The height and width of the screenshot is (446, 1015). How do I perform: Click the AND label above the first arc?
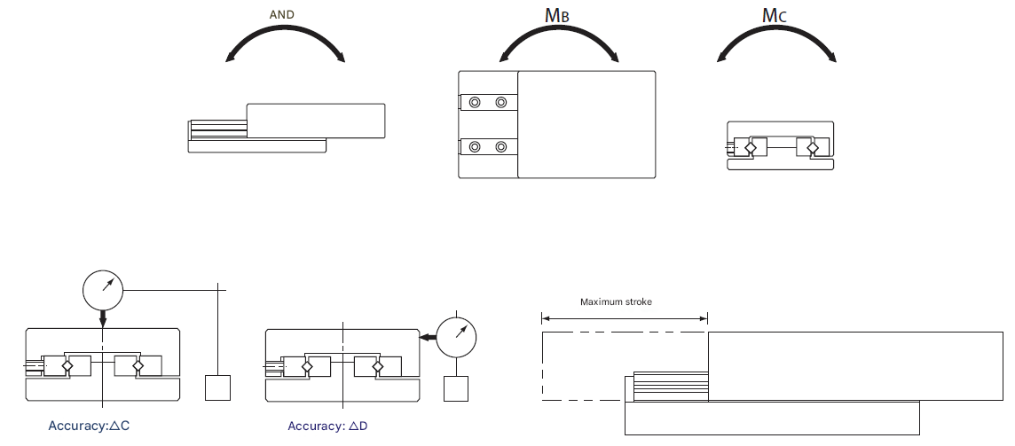pos(281,15)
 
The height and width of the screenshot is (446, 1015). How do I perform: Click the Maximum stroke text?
pos(616,302)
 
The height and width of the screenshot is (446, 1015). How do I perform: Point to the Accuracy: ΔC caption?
pos(90,426)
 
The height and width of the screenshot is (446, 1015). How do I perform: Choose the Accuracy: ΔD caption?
pos(327,426)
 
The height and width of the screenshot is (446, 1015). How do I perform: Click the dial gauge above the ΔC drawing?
pos(103,286)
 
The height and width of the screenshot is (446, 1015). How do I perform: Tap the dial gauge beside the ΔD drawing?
pos(457,336)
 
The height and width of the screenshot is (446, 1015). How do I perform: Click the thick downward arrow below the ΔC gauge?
pos(103,317)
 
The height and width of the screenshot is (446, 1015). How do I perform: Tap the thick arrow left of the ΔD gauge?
pos(428,337)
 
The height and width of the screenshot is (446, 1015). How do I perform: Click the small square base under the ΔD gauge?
pos(457,388)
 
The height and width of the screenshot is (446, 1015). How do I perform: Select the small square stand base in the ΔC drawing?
pos(217,388)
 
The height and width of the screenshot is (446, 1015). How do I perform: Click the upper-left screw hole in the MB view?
pos(476,103)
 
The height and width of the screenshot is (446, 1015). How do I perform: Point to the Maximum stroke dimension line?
pos(625,318)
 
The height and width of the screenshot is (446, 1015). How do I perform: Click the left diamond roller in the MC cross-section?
pos(750,147)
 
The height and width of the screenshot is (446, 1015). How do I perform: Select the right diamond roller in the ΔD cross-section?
pos(377,365)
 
